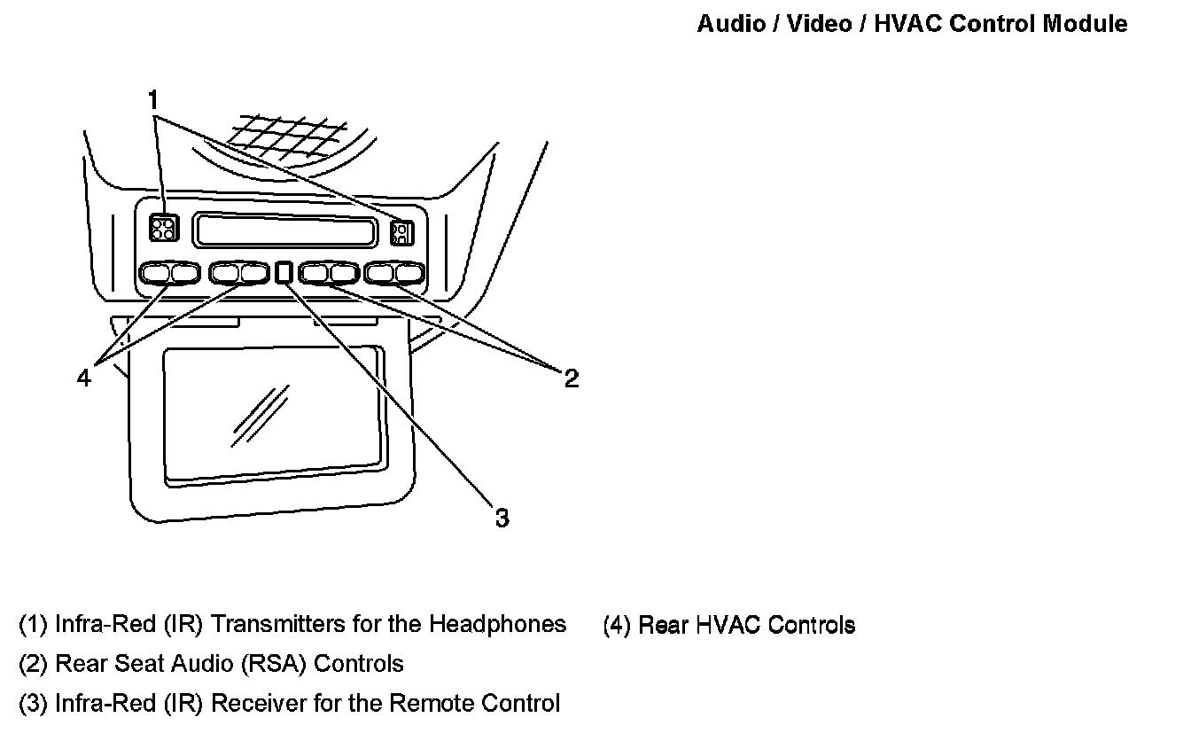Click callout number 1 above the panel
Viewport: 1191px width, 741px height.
tap(153, 97)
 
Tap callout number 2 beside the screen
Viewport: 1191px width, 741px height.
tap(572, 378)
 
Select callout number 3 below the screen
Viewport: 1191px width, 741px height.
tap(502, 518)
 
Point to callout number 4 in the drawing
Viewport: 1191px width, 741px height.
tap(83, 378)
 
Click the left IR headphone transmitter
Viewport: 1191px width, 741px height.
tap(163, 228)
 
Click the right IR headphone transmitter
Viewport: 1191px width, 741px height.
tap(401, 232)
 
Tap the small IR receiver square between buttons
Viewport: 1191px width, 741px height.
tap(284, 272)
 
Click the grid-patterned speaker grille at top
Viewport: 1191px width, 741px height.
tap(285, 138)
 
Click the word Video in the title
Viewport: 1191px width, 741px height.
tap(819, 24)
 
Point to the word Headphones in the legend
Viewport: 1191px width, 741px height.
tap(497, 624)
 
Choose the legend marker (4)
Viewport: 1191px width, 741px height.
tap(618, 625)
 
